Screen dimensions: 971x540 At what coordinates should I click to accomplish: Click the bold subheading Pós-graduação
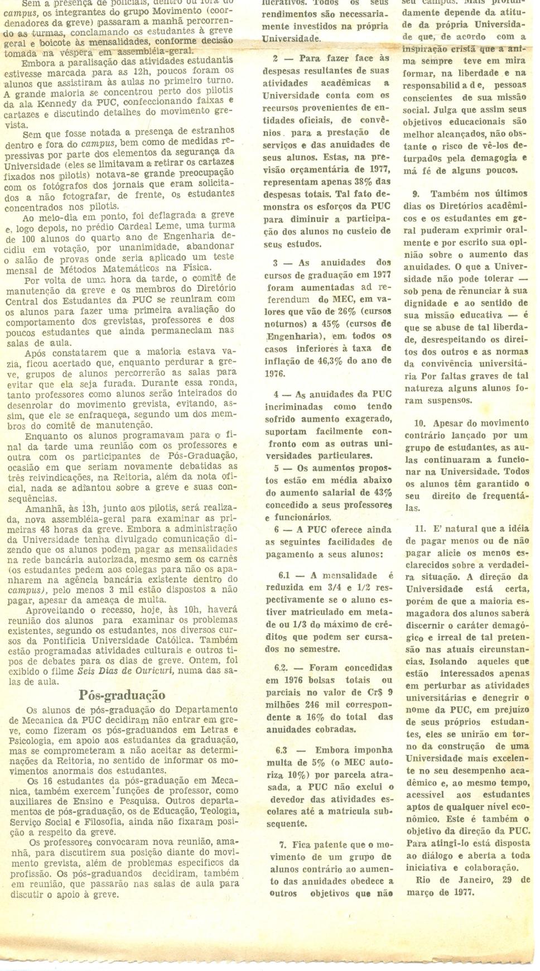122,695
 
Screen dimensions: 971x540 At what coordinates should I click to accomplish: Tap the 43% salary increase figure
381,493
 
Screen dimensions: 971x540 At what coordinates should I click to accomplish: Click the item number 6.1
285,575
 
